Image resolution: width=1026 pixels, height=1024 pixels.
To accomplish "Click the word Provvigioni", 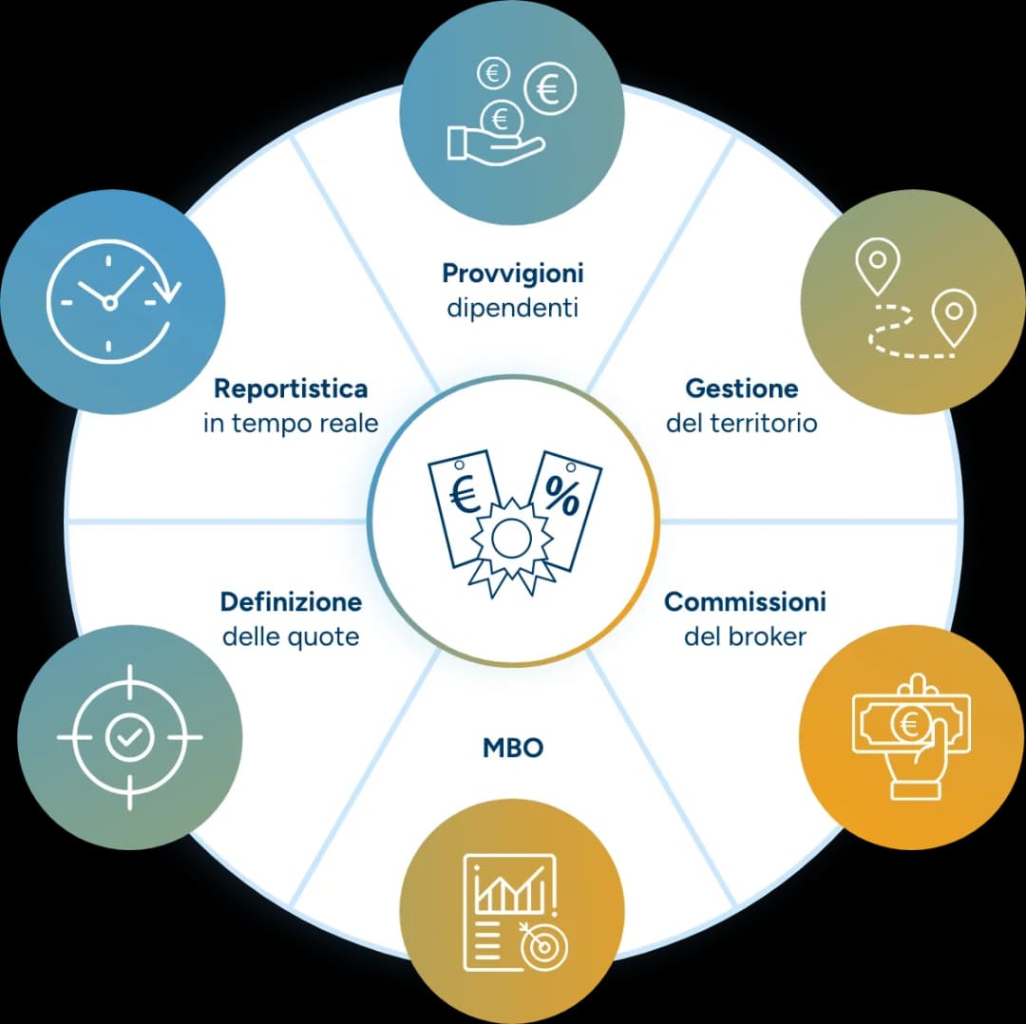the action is point(512,275).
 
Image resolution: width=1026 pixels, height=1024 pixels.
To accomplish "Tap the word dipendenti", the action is point(512,307).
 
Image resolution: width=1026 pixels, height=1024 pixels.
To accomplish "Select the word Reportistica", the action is point(291,389).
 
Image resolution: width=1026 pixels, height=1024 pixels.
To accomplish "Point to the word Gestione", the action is point(741,388).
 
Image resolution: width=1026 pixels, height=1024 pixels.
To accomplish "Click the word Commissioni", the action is point(745,601).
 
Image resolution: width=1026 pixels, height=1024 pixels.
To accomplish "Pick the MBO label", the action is point(512,748).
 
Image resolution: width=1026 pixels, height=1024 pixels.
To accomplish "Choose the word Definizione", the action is point(291,601).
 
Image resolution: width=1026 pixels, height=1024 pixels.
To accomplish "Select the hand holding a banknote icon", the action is point(911,737).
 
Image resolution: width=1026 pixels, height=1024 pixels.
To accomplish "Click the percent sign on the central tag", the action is point(561,495).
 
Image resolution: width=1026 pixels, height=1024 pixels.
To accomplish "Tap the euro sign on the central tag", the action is point(465,494).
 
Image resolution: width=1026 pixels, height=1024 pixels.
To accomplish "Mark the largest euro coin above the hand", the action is point(550,88).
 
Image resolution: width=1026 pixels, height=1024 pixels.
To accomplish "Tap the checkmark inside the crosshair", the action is point(129,737).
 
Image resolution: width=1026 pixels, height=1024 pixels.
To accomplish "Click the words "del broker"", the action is point(745,636).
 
